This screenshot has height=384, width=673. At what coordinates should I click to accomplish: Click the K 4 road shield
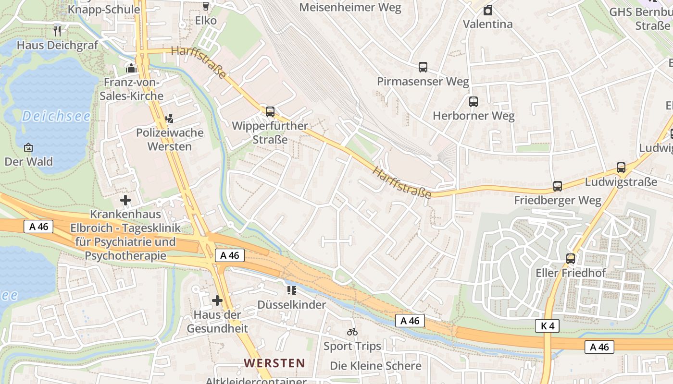coord(547,326)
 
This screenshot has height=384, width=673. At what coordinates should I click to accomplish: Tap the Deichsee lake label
coord(56,116)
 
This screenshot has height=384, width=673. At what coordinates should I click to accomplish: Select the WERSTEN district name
coord(274,363)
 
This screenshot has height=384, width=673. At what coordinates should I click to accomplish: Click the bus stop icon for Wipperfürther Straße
coord(270,112)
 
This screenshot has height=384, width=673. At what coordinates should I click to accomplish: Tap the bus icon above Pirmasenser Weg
coord(423,67)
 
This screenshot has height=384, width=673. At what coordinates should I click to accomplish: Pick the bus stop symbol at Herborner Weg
coord(474,102)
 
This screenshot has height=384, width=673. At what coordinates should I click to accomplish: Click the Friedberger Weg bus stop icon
coord(558,186)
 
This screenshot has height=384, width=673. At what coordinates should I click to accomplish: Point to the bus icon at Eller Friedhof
coord(571,259)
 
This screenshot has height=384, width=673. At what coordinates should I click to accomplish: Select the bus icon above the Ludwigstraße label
coord(621,168)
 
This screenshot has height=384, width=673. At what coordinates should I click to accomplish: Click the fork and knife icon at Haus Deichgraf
coord(58,31)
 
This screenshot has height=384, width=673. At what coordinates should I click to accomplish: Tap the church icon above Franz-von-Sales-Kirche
coord(131,68)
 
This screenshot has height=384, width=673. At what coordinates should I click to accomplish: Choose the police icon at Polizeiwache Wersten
coord(169,119)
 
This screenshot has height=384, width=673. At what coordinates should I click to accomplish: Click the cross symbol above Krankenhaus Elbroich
coord(125,200)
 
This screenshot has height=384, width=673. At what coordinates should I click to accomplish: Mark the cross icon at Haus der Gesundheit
coord(217,300)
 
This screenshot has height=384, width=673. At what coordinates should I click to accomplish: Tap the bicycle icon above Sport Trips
coord(352,332)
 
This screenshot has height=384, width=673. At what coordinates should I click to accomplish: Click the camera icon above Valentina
coord(488,10)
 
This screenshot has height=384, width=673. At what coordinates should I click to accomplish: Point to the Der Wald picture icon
coord(28,147)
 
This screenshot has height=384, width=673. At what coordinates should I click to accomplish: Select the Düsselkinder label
coord(291,304)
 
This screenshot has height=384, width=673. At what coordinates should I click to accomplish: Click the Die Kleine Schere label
coord(375,366)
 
